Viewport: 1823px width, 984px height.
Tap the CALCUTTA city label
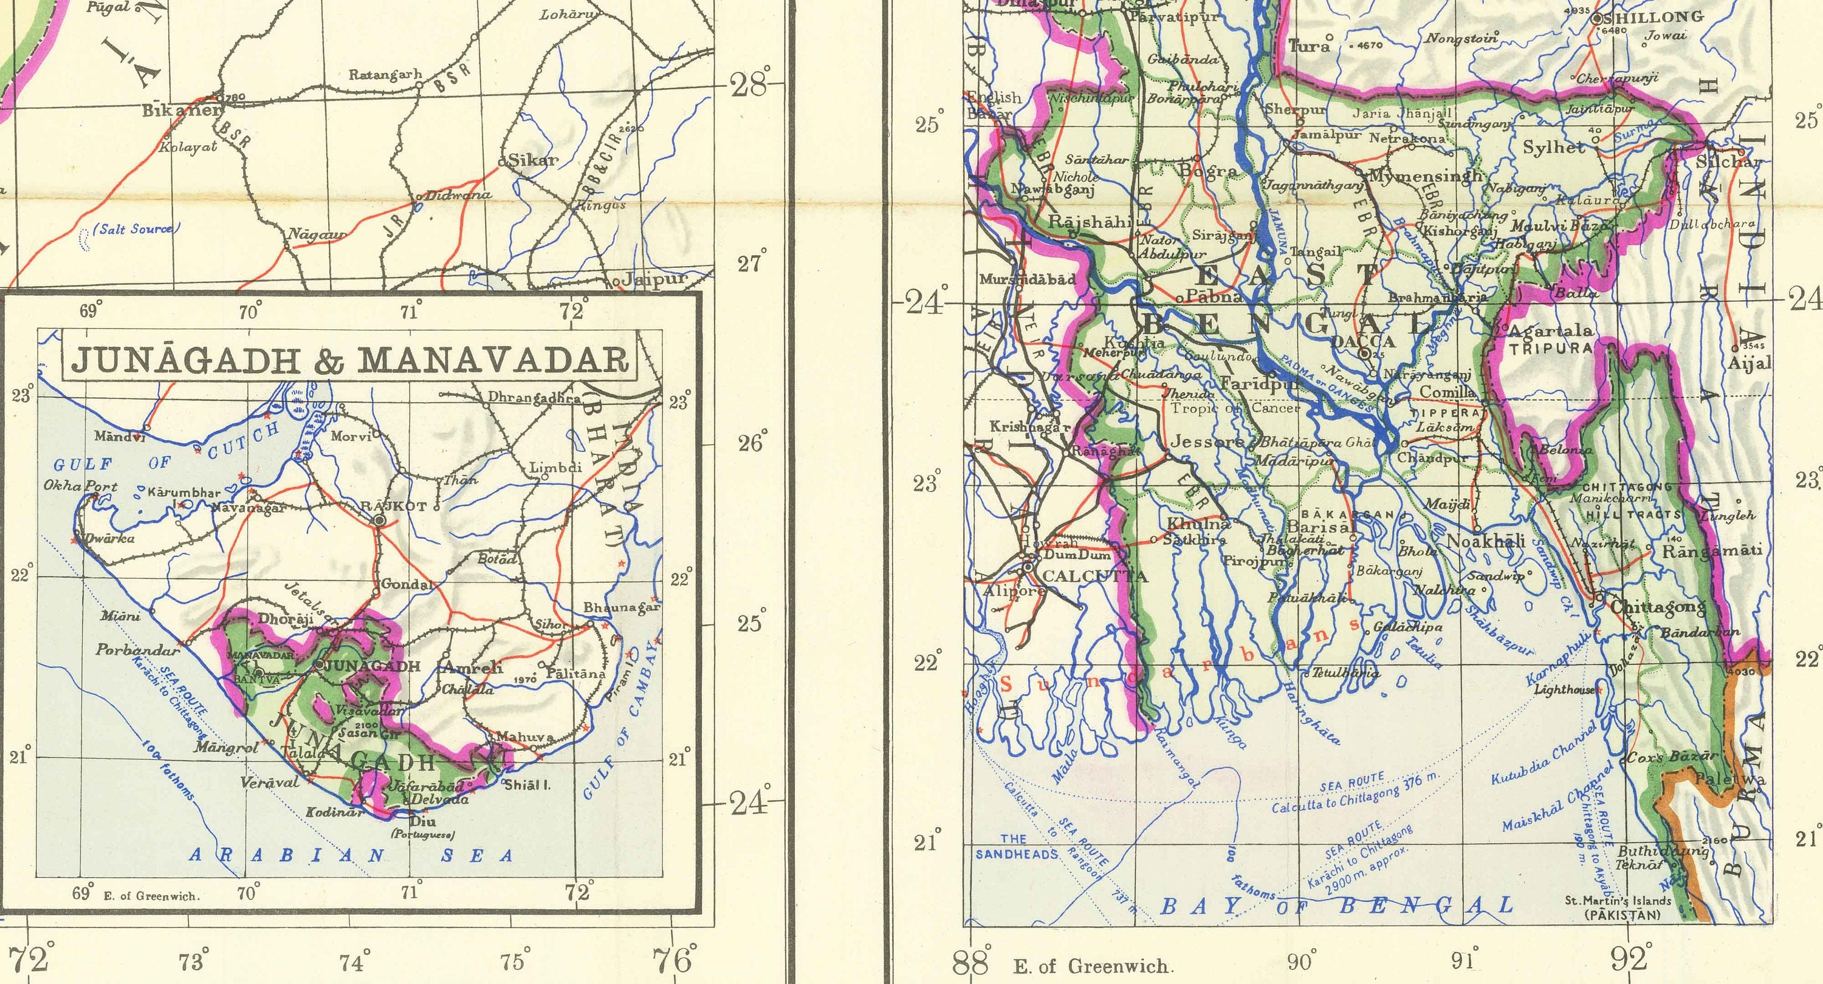1095,576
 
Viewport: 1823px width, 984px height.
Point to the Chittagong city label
1657,607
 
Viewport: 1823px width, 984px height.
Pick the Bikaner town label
181,111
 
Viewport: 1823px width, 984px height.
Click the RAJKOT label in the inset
394,507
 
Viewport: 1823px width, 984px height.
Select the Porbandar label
139,649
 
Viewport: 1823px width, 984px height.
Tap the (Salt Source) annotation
137,228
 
